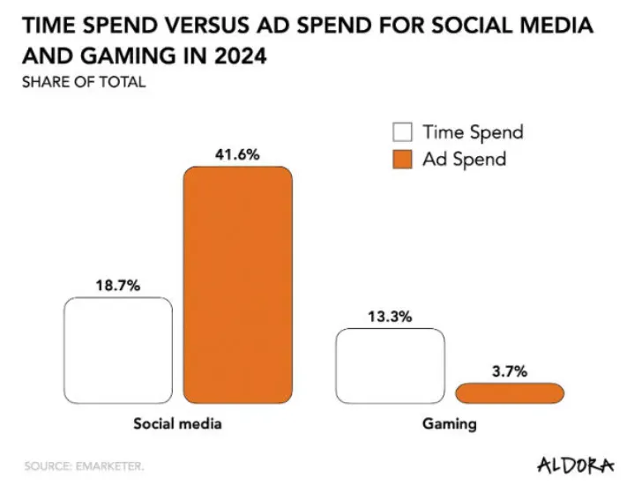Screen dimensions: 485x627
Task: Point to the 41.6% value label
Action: pos(237,154)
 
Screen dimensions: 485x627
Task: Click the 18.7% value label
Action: pos(117,285)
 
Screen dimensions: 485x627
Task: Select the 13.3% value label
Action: pos(390,317)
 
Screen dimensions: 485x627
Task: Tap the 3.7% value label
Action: pos(509,371)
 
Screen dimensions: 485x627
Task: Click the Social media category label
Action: pos(177,423)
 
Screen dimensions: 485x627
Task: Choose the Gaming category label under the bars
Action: pos(449,423)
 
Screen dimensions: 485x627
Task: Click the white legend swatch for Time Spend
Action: pos(402,133)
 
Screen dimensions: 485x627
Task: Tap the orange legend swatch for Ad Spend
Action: pos(402,160)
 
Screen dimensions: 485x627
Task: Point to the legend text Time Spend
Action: pos(473,133)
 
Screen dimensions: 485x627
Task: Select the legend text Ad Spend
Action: pos(464,160)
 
